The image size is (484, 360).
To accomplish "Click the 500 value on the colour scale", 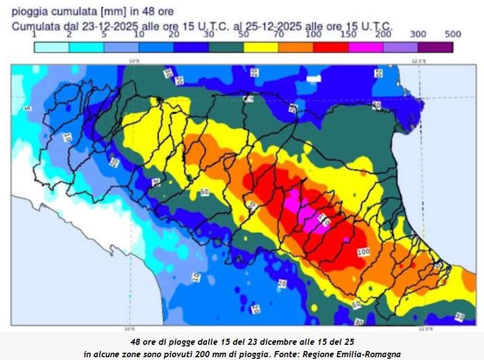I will pos(453,34).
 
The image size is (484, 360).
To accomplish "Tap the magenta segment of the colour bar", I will pos(366,47).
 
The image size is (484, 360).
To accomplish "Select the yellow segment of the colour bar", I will pos(261,47).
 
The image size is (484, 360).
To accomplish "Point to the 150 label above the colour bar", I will pos(348,34).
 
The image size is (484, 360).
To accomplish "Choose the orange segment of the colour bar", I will pos(296,47).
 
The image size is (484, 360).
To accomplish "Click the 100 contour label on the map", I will pos(364,252).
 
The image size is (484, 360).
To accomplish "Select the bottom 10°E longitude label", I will pos(129,329).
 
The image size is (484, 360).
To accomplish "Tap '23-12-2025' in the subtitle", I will pos(100,26).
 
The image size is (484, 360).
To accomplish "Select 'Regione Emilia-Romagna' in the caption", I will pos(355,354).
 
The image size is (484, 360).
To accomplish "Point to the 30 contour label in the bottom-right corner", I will pos(459,317).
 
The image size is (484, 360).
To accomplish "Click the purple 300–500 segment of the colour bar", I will pos(435,47).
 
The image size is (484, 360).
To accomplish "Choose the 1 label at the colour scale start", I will pos(34,34).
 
